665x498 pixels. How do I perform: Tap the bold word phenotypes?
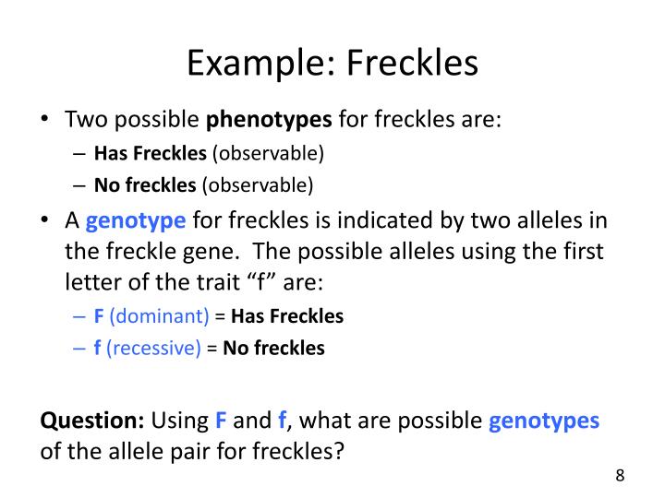coord(269,120)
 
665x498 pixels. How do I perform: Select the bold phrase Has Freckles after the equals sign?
coord(287,316)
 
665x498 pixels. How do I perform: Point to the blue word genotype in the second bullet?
coord(137,220)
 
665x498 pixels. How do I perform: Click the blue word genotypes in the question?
coord(544,421)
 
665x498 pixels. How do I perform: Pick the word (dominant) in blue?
coord(159,316)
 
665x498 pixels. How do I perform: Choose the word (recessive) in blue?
coord(154,349)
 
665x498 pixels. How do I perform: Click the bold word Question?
coord(92,421)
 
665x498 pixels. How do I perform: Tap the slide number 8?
coord(620,476)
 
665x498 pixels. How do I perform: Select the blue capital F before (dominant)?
coord(99,316)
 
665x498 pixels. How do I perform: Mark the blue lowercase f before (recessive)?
coord(97,349)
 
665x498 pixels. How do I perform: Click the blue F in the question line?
coord(221,421)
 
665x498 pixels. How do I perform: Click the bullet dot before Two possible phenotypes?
coord(48,121)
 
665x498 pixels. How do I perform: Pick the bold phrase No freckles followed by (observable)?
coord(145,184)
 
